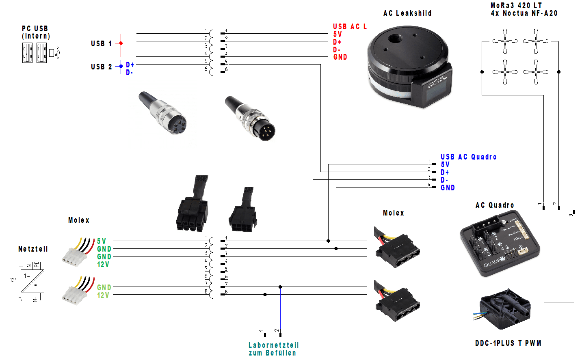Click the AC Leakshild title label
click(x=407, y=13)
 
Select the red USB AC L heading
click(x=350, y=27)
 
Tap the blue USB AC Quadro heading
click(x=468, y=157)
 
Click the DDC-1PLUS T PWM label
click(x=508, y=343)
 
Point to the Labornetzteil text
click(x=273, y=345)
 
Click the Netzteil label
click(x=33, y=249)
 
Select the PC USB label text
click(x=35, y=29)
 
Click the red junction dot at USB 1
click(x=121, y=43)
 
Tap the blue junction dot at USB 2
click(x=121, y=66)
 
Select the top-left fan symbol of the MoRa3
click(x=505, y=41)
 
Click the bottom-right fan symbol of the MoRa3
click(x=536, y=72)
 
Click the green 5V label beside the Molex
click(x=102, y=241)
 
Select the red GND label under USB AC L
click(x=340, y=57)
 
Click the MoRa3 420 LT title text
click(x=516, y=6)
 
